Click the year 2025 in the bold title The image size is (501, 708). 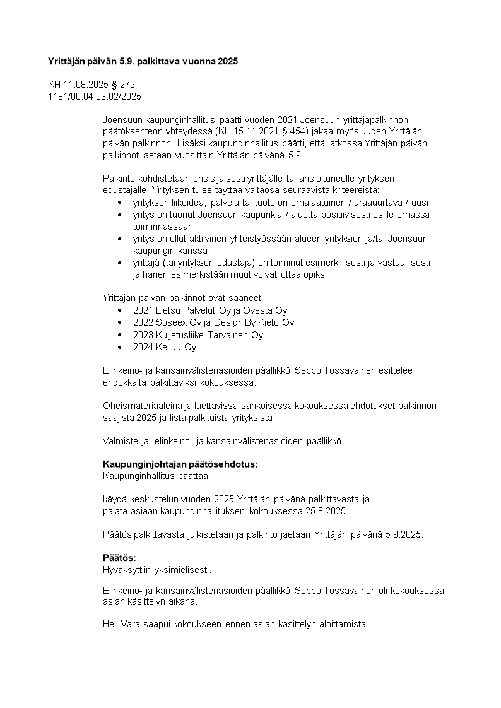tap(228, 61)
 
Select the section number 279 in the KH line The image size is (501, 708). tap(127, 85)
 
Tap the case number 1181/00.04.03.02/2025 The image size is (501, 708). tap(95, 97)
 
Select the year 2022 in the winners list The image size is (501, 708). tap(143, 322)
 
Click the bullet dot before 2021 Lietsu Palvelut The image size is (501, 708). tap(121, 310)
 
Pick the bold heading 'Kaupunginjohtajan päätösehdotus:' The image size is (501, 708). tap(180, 464)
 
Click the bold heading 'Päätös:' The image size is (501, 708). tap(119, 558)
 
